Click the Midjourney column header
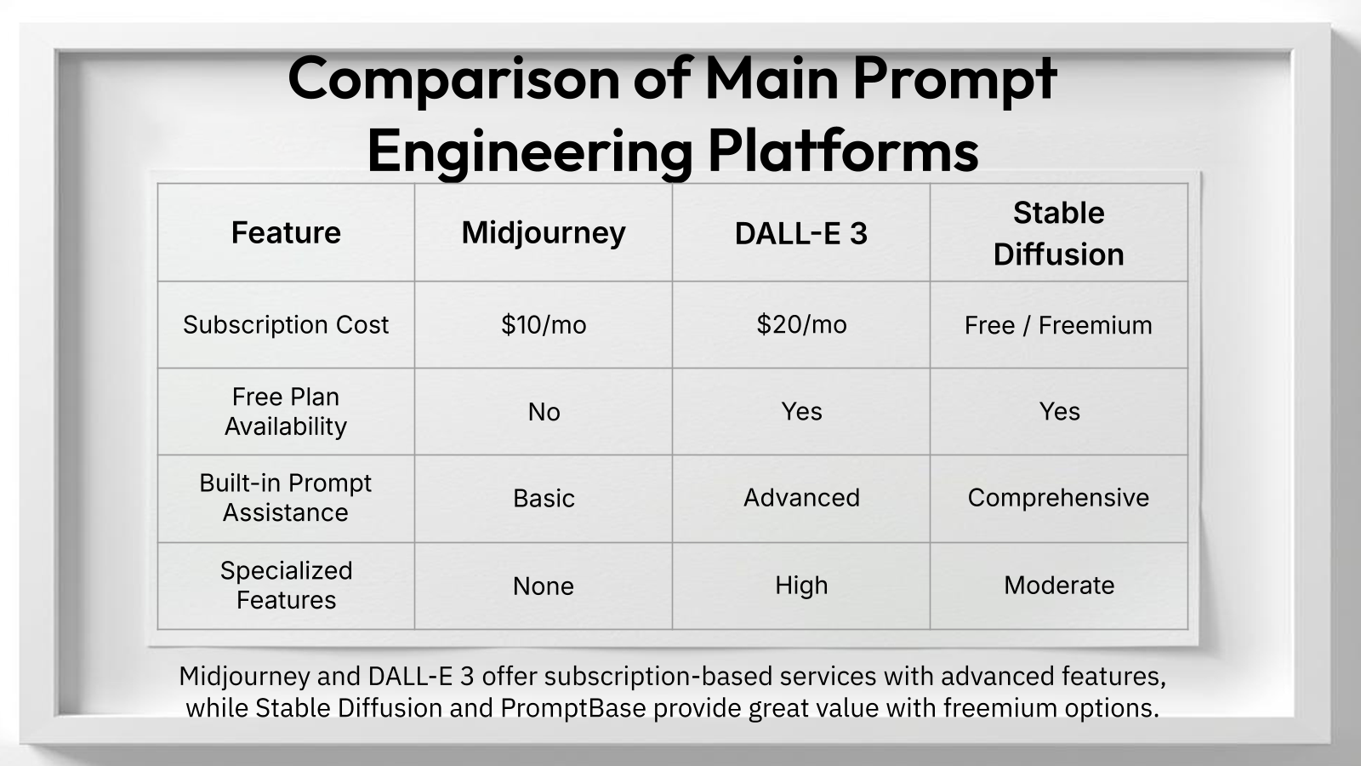click(543, 232)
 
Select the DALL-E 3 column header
click(800, 233)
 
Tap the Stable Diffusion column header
click(1058, 232)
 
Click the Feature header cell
click(286, 232)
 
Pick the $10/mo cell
click(543, 324)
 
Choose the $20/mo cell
click(800, 324)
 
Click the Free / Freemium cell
click(1058, 325)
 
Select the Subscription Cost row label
click(286, 324)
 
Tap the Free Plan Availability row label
click(286, 411)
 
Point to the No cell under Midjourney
click(543, 412)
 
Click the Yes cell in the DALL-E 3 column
click(800, 411)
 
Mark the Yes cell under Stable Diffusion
click(1058, 411)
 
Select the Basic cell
click(543, 498)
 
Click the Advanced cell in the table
click(800, 497)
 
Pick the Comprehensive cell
click(1058, 497)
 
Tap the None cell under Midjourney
click(543, 586)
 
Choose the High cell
click(800, 586)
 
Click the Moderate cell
click(1058, 586)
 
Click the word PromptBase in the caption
click(572, 708)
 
